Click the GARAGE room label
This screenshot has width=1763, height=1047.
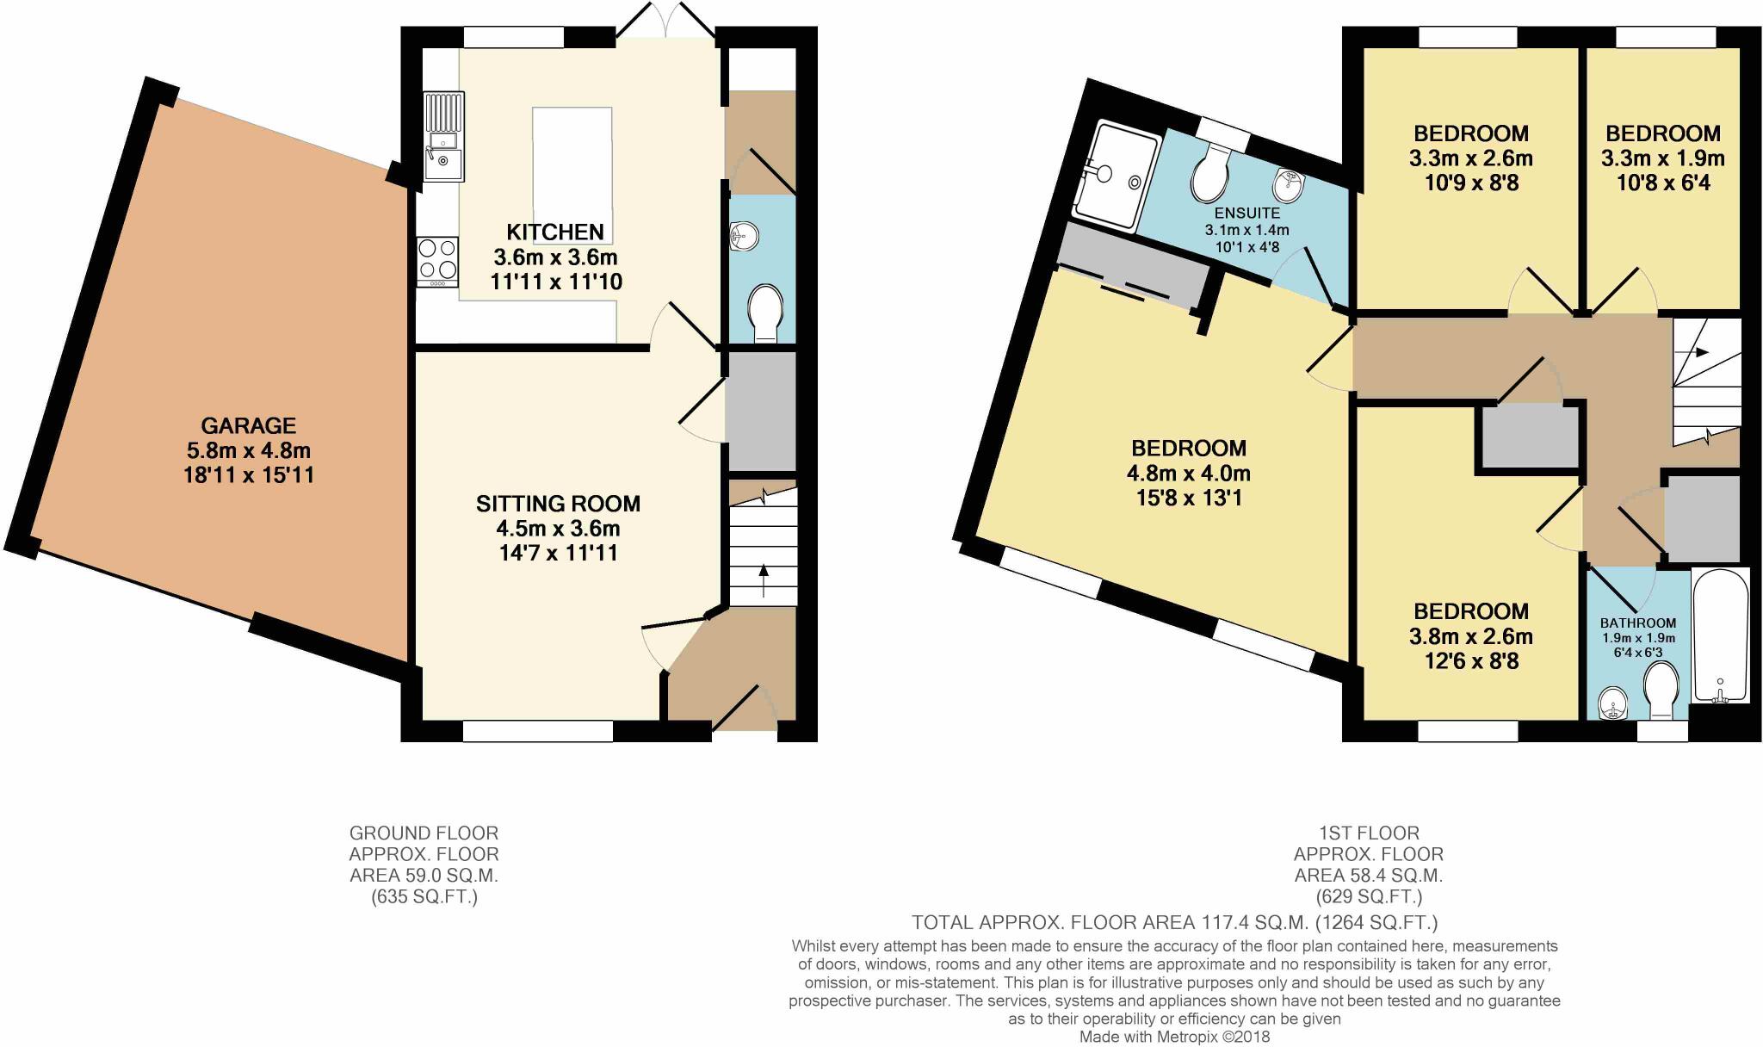(x=248, y=425)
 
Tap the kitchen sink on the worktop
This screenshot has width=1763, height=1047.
(x=443, y=138)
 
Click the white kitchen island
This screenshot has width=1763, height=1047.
(x=572, y=164)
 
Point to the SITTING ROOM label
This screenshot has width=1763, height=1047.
(x=558, y=504)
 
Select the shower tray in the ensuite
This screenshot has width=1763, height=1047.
(x=1116, y=177)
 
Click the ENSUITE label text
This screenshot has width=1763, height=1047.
(x=1246, y=213)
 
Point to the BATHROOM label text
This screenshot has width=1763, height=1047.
(x=1637, y=623)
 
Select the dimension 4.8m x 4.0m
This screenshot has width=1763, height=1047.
(x=1188, y=473)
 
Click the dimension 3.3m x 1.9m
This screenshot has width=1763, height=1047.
(x=1662, y=158)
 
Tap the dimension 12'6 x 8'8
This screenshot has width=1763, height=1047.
(x=1470, y=661)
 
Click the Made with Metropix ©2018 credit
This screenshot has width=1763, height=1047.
(x=1174, y=1038)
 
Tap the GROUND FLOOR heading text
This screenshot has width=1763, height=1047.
(x=424, y=833)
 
